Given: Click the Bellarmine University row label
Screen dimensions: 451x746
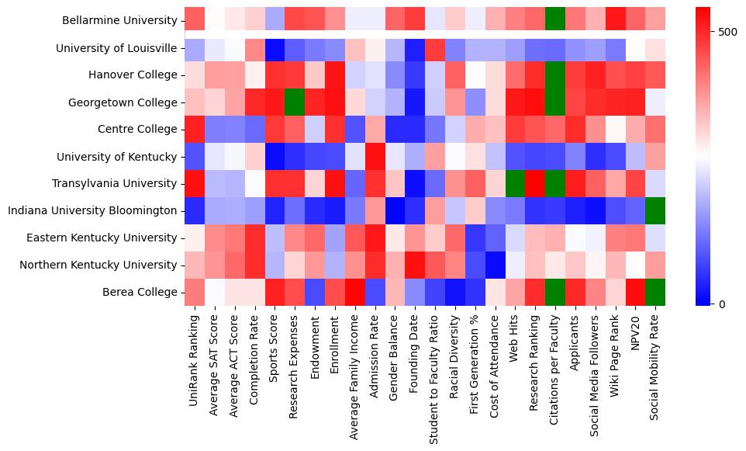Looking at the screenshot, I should coord(123,21).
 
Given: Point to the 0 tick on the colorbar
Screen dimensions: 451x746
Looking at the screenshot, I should coord(724,304).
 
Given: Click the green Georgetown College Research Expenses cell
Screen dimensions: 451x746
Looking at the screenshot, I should coord(295,102).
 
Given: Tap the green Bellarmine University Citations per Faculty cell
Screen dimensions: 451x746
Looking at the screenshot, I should coord(556,21).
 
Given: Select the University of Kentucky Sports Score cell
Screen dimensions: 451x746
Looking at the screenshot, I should coord(275,156).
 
